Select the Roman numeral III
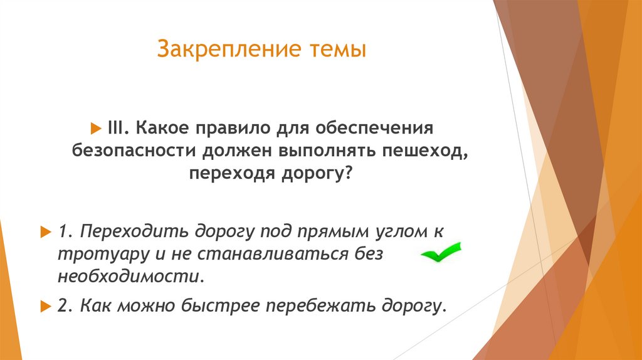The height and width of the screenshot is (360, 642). point(114,128)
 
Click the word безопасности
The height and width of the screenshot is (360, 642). point(134,151)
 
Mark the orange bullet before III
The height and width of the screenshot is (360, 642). point(95,128)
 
